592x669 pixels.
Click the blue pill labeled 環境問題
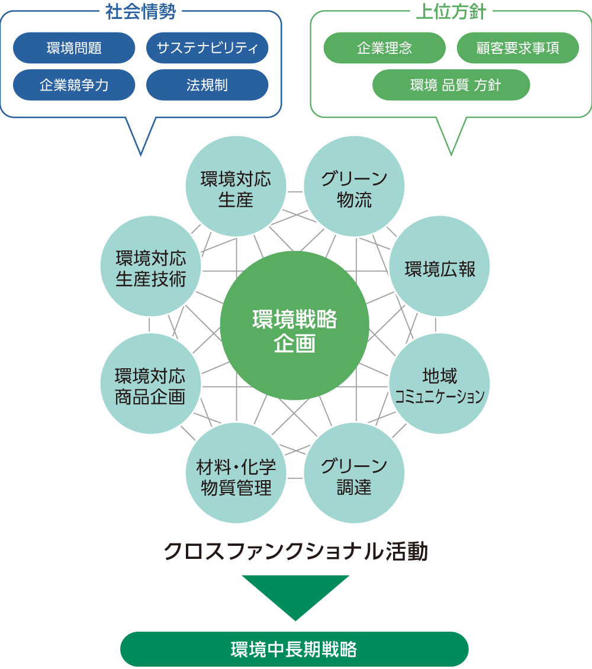click(74, 48)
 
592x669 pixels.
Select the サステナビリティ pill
click(207, 48)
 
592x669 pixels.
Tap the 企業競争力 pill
click(74, 85)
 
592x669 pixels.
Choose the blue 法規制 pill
click(207, 85)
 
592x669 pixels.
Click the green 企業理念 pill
click(384, 48)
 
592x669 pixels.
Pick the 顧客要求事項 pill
click(518, 48)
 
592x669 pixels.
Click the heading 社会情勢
click(140, 12)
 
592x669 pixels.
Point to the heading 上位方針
click(451, 12)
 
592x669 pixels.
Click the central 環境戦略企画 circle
click(295, 325)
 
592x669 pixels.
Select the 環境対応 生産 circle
click(236, 187)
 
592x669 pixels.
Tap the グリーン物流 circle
click(354, 187)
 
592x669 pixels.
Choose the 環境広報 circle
click(440, 266)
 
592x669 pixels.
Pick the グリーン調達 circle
click(354, 474)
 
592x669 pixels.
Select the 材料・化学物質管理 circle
click(236, 474)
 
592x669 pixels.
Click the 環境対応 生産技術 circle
click(151, 266)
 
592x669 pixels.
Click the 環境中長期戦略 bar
click(294, 649)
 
